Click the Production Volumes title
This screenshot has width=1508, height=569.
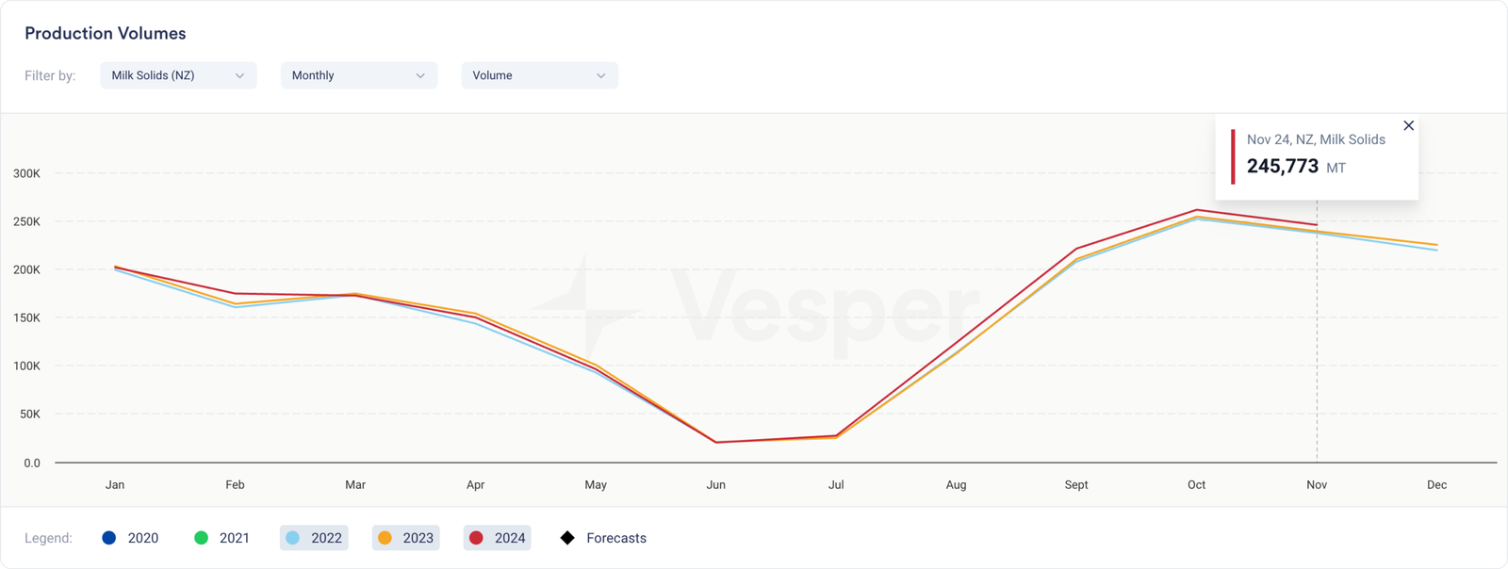[106, 34]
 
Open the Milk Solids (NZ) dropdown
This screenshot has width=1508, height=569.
[178, 75]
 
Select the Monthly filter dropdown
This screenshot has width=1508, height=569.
[358, 75]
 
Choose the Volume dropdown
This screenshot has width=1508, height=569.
[539, 75]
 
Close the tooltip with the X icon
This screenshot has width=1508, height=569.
[1408, 125]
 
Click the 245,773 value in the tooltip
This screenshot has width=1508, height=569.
[1282, 167]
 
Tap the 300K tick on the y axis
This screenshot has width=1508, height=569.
[26, 173]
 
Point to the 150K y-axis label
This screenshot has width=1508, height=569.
[26, 318]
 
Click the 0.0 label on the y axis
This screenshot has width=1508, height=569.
[32, 463]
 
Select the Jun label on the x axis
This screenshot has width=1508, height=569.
[716, 485]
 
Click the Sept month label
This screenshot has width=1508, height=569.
[1076, 485]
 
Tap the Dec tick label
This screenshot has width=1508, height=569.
[1436, 485]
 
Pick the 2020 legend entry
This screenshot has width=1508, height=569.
[130, 538]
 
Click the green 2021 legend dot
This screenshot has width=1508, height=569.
[201, 538]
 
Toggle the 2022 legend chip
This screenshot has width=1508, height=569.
[314, 538]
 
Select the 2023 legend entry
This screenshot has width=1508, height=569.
[405, 538]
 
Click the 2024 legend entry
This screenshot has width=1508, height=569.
[498, 538]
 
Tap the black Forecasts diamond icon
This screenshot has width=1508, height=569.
[567, 538]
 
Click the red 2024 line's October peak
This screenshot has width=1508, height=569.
[1197, 210]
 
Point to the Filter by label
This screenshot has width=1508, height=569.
[50, 75]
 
